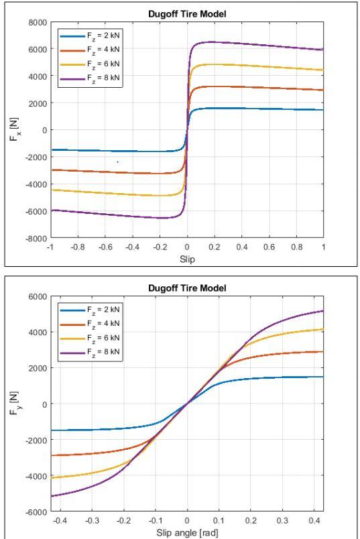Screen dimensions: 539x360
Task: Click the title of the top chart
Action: (187, 13)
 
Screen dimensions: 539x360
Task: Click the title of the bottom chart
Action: (187, 288)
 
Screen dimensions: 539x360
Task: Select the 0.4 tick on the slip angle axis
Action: (315, 521)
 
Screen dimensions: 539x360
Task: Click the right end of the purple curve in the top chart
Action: (323, 50)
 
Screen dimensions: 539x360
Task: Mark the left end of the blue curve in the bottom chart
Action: (51, 430)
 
